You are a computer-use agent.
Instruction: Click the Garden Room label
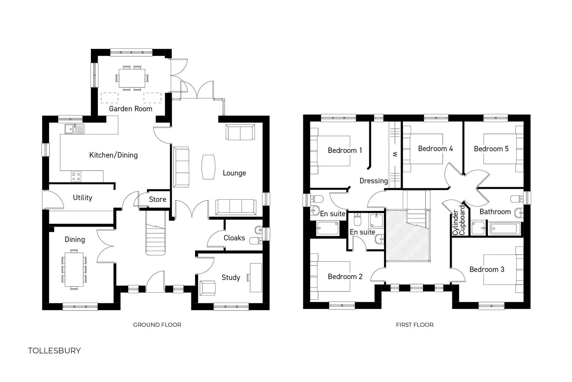click(x=130, y=109)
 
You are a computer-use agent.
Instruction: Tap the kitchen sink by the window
click(x=74, y=129)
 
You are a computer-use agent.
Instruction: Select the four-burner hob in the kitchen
click(x=76, y=176)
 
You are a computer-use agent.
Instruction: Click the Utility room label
click(x=82, y=198)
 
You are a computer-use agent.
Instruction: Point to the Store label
click(x=157, y=199)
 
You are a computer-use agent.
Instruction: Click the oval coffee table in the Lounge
click(x=208, y=167)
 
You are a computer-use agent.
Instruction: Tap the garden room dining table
click(x=132, y=78)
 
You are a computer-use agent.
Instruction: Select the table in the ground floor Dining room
click(x=74, y=269)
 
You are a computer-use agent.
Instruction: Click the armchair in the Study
click(x=208, y=288)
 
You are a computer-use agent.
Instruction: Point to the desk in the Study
click(x=256, y=277)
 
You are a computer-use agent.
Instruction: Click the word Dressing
click(x=374, y=181)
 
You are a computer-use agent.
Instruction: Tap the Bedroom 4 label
click(x=435, y=149)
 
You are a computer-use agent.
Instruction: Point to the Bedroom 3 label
click(x=487, y=269)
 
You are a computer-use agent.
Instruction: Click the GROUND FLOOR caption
click(x=157, y=325)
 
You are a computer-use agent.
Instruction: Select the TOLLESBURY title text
click(x=54, y=351)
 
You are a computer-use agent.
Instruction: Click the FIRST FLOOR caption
click(x=415, y=325)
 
